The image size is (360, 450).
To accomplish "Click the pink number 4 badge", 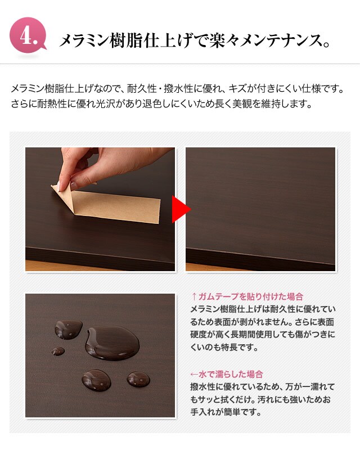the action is (28, 35).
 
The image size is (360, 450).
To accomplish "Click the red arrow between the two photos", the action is (181, 209).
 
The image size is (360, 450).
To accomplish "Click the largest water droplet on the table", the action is (112, 343).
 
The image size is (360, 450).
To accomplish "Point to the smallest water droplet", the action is (58, 350).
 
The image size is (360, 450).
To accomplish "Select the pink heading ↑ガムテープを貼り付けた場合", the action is (247, 296).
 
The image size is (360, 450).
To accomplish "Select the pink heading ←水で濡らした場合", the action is (227, 374).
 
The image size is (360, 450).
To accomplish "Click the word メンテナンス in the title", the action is (280, 40).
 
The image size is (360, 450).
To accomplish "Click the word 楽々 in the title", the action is (224, 40).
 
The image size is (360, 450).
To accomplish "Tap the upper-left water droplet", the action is (68, 329).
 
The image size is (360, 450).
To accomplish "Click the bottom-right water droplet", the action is (138, 379).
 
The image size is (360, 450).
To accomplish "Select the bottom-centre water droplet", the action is (96, 380).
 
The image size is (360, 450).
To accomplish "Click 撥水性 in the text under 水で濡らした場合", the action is (204, 387).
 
